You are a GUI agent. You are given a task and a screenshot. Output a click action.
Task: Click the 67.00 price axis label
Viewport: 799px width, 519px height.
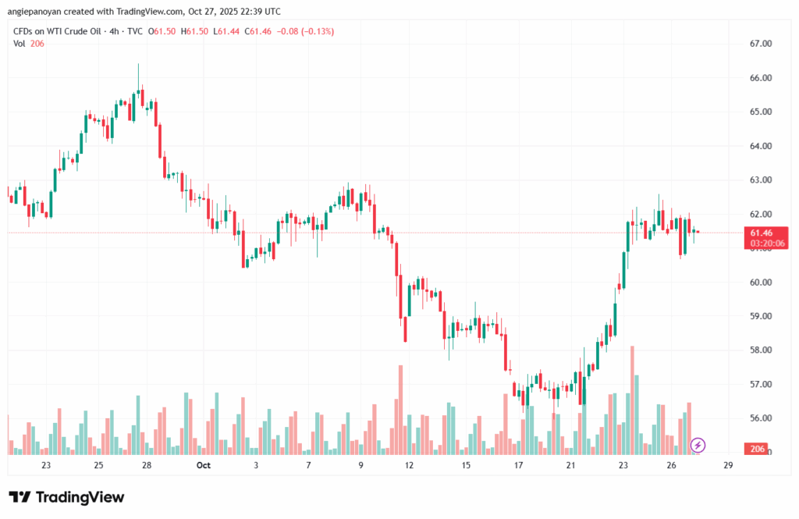[x=761, y=44]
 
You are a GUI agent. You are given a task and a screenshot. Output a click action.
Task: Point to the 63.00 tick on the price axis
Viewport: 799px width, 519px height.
[x=761, y=180]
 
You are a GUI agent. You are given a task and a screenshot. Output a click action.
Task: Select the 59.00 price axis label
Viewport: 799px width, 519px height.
[x=761, y=316]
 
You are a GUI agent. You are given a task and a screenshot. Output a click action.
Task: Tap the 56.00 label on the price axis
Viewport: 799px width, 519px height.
[x=761, y=418]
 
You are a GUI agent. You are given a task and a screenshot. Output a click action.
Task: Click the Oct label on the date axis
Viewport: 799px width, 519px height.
[x=204, y=466]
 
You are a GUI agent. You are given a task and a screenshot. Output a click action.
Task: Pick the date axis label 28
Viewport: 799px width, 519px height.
[x=147, y=466]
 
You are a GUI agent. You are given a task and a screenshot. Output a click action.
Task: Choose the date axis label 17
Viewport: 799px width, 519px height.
[x=518, y=466]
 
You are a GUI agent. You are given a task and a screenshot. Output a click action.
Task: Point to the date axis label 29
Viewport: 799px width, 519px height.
[x=728, y=466]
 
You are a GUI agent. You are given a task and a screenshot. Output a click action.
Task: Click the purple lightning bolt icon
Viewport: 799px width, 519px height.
[x=698, y=445]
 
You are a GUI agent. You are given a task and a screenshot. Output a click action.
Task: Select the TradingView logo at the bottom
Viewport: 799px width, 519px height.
[x=66, y=497]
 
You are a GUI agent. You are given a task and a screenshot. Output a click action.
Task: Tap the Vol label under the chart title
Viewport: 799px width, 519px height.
[x=20, y=43]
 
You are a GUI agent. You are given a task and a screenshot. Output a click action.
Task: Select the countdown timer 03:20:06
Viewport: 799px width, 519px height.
[x=768, y=244]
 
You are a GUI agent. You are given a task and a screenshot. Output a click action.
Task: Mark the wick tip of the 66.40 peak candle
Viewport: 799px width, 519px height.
[x=138, y=65]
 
